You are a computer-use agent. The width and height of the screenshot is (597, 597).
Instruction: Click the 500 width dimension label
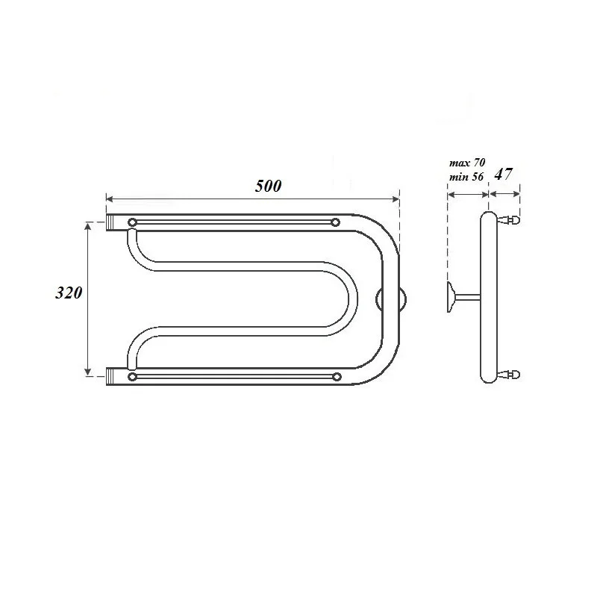[268, 187]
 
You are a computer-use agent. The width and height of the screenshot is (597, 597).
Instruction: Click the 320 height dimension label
[69, 293]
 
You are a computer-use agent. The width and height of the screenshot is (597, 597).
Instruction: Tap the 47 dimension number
[504, 175]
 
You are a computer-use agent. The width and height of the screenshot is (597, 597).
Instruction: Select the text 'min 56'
[467, 176]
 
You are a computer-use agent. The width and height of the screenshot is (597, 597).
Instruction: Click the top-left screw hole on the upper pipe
[133, 222]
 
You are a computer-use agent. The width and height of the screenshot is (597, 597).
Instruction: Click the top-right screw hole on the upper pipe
[335, 222]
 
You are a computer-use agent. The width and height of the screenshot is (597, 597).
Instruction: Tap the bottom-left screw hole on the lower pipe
[133, 377]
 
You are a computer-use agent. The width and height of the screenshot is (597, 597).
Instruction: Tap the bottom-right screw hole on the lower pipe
[336, 377]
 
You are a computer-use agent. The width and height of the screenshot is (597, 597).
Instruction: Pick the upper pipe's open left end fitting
[113, 222]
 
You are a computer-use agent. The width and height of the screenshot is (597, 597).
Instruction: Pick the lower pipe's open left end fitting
[113, 377]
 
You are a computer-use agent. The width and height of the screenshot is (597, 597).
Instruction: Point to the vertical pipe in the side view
[487, 298]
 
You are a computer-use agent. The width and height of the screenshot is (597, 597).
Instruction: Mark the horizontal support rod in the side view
[469, 298]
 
